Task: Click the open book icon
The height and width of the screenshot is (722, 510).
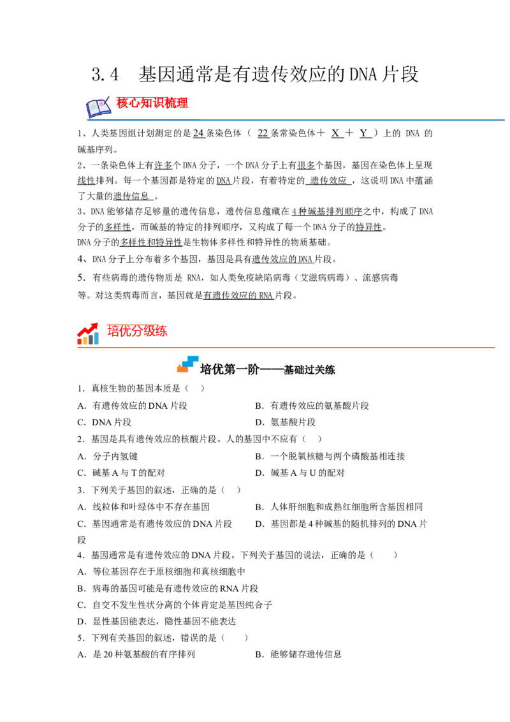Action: [98, 107]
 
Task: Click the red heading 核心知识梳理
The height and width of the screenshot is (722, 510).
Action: [152, 103]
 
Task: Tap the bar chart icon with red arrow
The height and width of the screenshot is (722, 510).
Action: [88, 334]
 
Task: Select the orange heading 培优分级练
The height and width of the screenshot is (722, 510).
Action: [137, 330]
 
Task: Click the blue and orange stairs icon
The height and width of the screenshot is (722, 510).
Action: [188, 364]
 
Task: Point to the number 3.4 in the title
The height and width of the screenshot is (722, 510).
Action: [105, 74]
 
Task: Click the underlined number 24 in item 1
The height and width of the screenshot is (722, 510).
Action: [198, 133]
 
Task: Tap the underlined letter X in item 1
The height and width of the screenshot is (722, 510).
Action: [335, 133]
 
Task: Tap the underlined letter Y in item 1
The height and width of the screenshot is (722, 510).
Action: [364, 133]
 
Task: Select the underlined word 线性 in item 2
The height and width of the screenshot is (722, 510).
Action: [86, 180]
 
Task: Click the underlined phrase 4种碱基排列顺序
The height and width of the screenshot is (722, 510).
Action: [327, 211]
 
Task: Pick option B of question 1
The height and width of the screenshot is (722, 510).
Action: [312, 406]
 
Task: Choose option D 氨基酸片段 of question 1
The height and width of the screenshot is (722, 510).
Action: [286, 422]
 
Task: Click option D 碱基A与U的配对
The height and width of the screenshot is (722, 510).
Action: [300, 473]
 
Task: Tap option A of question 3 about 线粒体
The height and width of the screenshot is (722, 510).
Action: [143, 507]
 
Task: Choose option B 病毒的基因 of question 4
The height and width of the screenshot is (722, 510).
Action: [168, 589]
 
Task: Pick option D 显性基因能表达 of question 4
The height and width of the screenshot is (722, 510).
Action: [156, 622]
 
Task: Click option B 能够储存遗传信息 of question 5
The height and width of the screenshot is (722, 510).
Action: [298, 654]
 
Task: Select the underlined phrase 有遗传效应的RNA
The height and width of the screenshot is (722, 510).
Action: [238, 295]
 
